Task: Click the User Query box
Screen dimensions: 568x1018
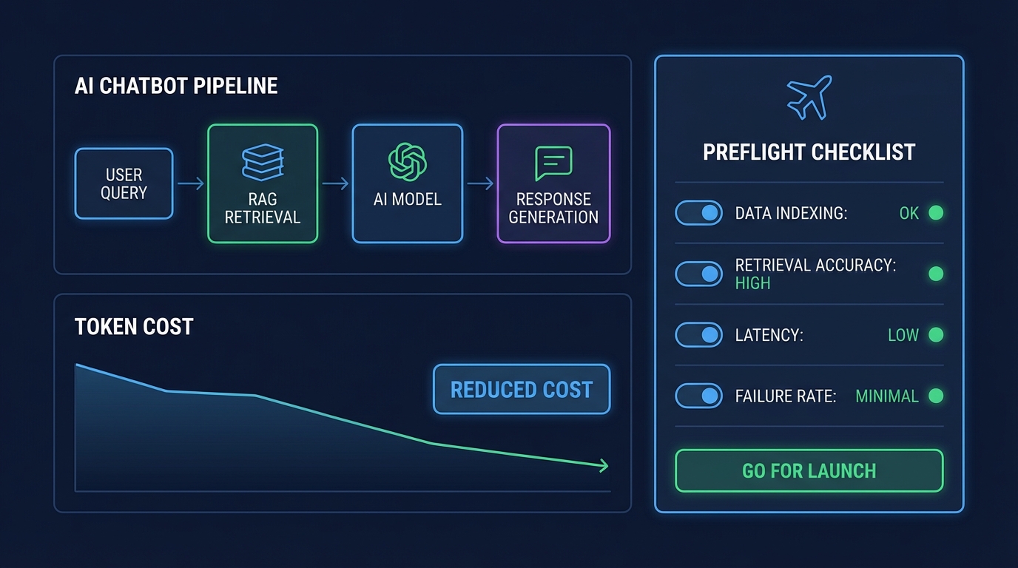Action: tap(124, 183)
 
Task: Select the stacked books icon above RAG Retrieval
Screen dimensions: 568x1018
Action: tap(263, 163)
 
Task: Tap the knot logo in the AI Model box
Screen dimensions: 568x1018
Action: tap(408, 161)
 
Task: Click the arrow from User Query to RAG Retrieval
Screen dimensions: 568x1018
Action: tap(190, 183)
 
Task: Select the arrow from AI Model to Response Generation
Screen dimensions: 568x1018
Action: tap(480, 183)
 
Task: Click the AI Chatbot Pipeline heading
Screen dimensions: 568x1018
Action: tap(176, 86)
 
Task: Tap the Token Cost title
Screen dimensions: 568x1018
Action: tap(134, 327)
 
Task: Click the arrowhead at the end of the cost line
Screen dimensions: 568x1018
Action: tap(604, 466)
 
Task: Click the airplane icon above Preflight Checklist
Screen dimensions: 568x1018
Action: tap(809, 97)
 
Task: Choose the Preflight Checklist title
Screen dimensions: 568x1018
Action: tap(809, 153)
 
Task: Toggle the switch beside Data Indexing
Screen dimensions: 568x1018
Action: tap(698, 213)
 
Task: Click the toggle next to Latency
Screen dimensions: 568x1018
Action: tap(698, 335)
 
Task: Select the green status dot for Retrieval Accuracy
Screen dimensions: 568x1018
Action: tap(936, 274)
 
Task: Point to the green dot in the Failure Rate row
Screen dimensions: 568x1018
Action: tap(936, 396)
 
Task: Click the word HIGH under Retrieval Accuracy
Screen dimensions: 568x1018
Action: tap(752, 283)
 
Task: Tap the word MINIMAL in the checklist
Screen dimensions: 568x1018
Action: tap(886, 396)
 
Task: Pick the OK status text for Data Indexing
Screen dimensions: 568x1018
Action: tap(909, 214)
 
